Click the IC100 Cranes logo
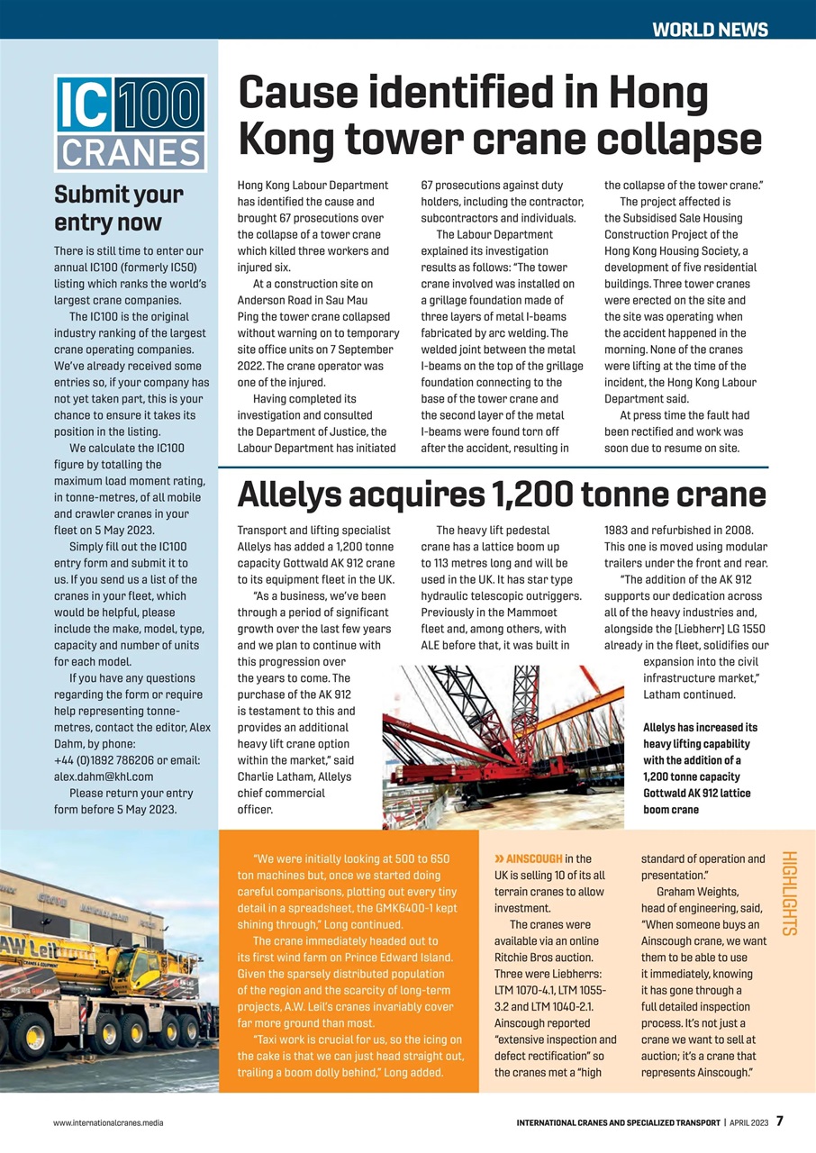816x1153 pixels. coord(131,123)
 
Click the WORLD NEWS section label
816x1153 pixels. coord(710,30)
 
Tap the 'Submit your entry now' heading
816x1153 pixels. coord(119,208)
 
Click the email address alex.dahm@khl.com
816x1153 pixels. coord(104,776)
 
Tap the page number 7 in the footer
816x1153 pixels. coord(780,1121)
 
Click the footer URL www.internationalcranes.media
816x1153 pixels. coord(108,1123)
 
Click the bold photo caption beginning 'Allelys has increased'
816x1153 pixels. coord(700,768)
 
